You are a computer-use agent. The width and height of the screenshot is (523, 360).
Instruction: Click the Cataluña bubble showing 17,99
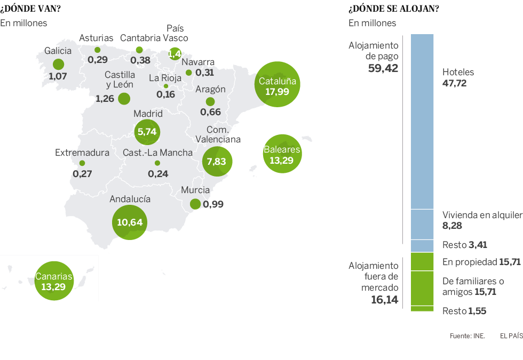click(x=276, y=85)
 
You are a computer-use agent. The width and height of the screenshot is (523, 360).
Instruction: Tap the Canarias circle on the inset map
click(x=53, y=281)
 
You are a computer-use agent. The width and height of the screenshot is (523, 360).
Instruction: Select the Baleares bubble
click(x=282, y=154)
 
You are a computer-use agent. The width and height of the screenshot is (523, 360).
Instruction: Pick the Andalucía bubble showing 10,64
click(x=130, y=222)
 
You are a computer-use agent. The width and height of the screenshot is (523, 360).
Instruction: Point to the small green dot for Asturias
click(x=97, y=50)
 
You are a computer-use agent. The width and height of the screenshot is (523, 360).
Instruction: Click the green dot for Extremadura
click(x=82, y=163)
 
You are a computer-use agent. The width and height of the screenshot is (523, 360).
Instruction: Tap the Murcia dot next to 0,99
click(x=195, y=204)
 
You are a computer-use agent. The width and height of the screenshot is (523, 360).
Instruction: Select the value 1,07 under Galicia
click(x=58, y=76)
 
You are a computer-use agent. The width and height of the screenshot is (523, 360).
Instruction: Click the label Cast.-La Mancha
click(x=157, y=153)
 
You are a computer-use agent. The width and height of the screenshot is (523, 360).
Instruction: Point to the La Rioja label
click(x=165, y=78)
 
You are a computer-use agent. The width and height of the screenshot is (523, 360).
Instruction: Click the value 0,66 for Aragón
click(x=210, y=112)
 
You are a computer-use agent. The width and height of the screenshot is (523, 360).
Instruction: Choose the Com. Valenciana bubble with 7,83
click(x=216, y=162)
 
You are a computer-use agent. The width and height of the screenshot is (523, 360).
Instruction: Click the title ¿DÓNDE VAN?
click(x=30, y=9)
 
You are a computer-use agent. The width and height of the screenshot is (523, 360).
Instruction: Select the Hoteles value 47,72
click(x=455, y=83)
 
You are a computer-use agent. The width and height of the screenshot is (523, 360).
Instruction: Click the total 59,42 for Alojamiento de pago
click(x=383, y=68)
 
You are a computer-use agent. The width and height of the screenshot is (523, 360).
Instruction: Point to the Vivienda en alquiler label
click(x=481, y=215)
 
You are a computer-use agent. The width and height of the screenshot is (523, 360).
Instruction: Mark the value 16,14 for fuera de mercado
click(x=384, y=300)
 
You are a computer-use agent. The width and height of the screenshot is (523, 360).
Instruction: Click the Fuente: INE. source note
click(x=467, y=336)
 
